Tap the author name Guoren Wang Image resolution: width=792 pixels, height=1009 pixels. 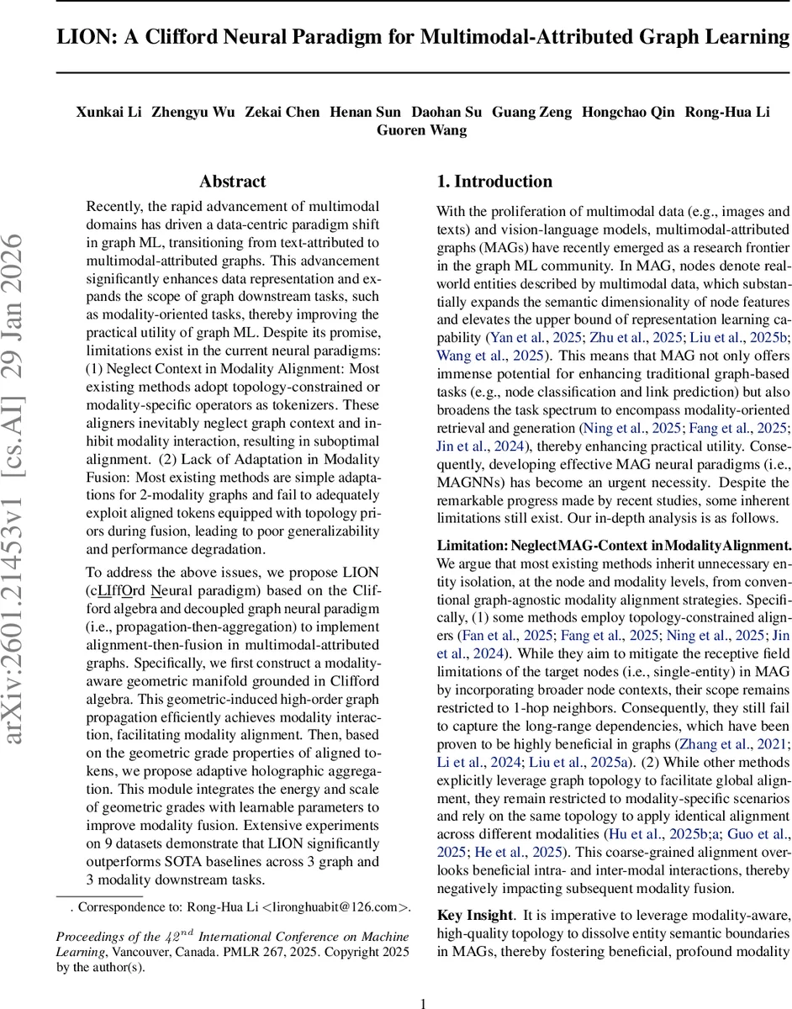[x=421, y=129]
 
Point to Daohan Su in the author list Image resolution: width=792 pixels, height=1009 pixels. [x=446, y=112]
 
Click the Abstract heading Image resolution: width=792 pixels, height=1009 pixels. [x=232, y=182]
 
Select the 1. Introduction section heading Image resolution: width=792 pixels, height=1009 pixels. [x=494, y=182]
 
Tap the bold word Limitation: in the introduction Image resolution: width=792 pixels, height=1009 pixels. [x=471, y=545]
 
